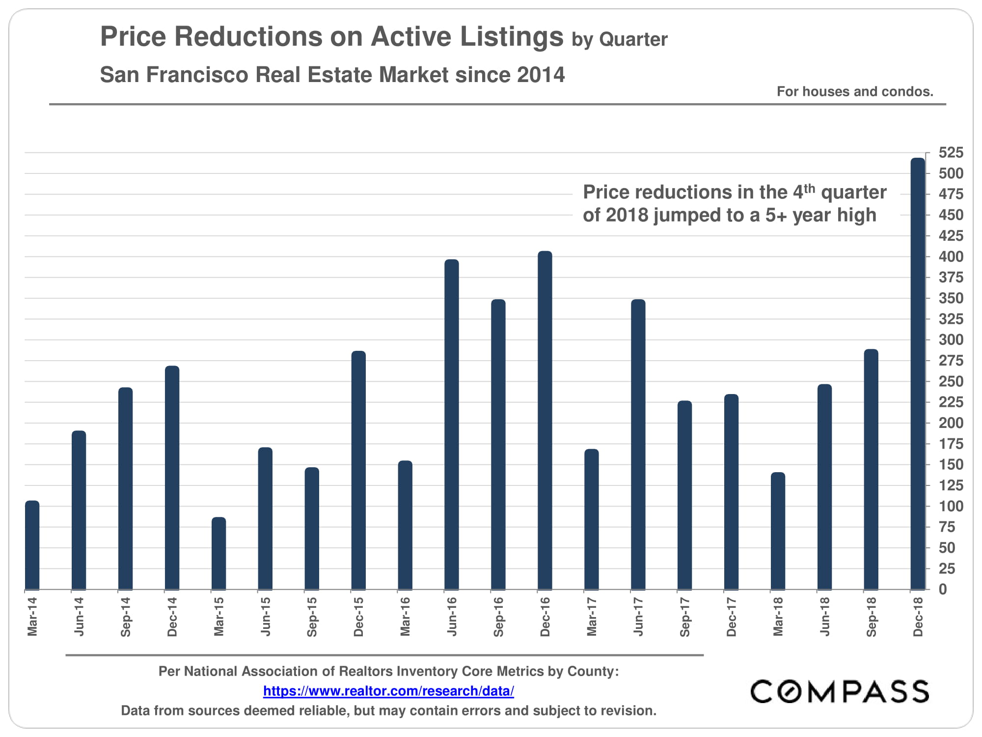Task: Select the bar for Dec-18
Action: [x=918, y=373]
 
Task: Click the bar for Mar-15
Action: [x=219, y=553]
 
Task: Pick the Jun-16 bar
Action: [x=452, y=425]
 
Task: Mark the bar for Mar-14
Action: [x=32, y=545]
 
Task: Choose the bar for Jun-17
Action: [x=638, y=444]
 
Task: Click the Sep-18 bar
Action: [x=871, y=469]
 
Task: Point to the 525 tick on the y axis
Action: [x=951, y=153]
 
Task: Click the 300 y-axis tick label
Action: [x=951, y=340]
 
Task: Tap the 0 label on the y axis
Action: [x=943, y=589]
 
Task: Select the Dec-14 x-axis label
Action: [x=172, y=617]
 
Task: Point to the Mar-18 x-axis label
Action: [x=778, y=617]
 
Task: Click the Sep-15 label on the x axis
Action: [x=312, y=617]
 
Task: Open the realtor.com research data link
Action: [x=388, y=691]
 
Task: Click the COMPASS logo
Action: [x=840, y=691]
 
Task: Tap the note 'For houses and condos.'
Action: [x=855, y=91]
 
